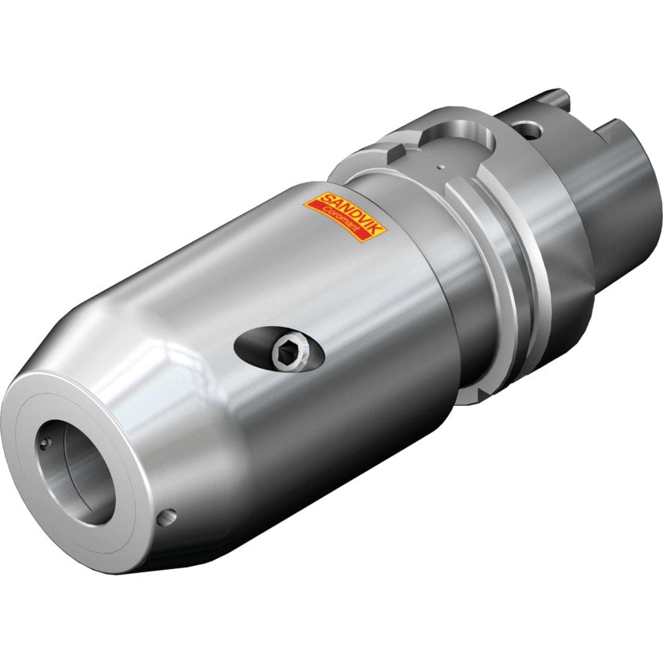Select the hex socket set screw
(284, 354)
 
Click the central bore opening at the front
(77, 466)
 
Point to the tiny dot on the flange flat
(439, 165)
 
